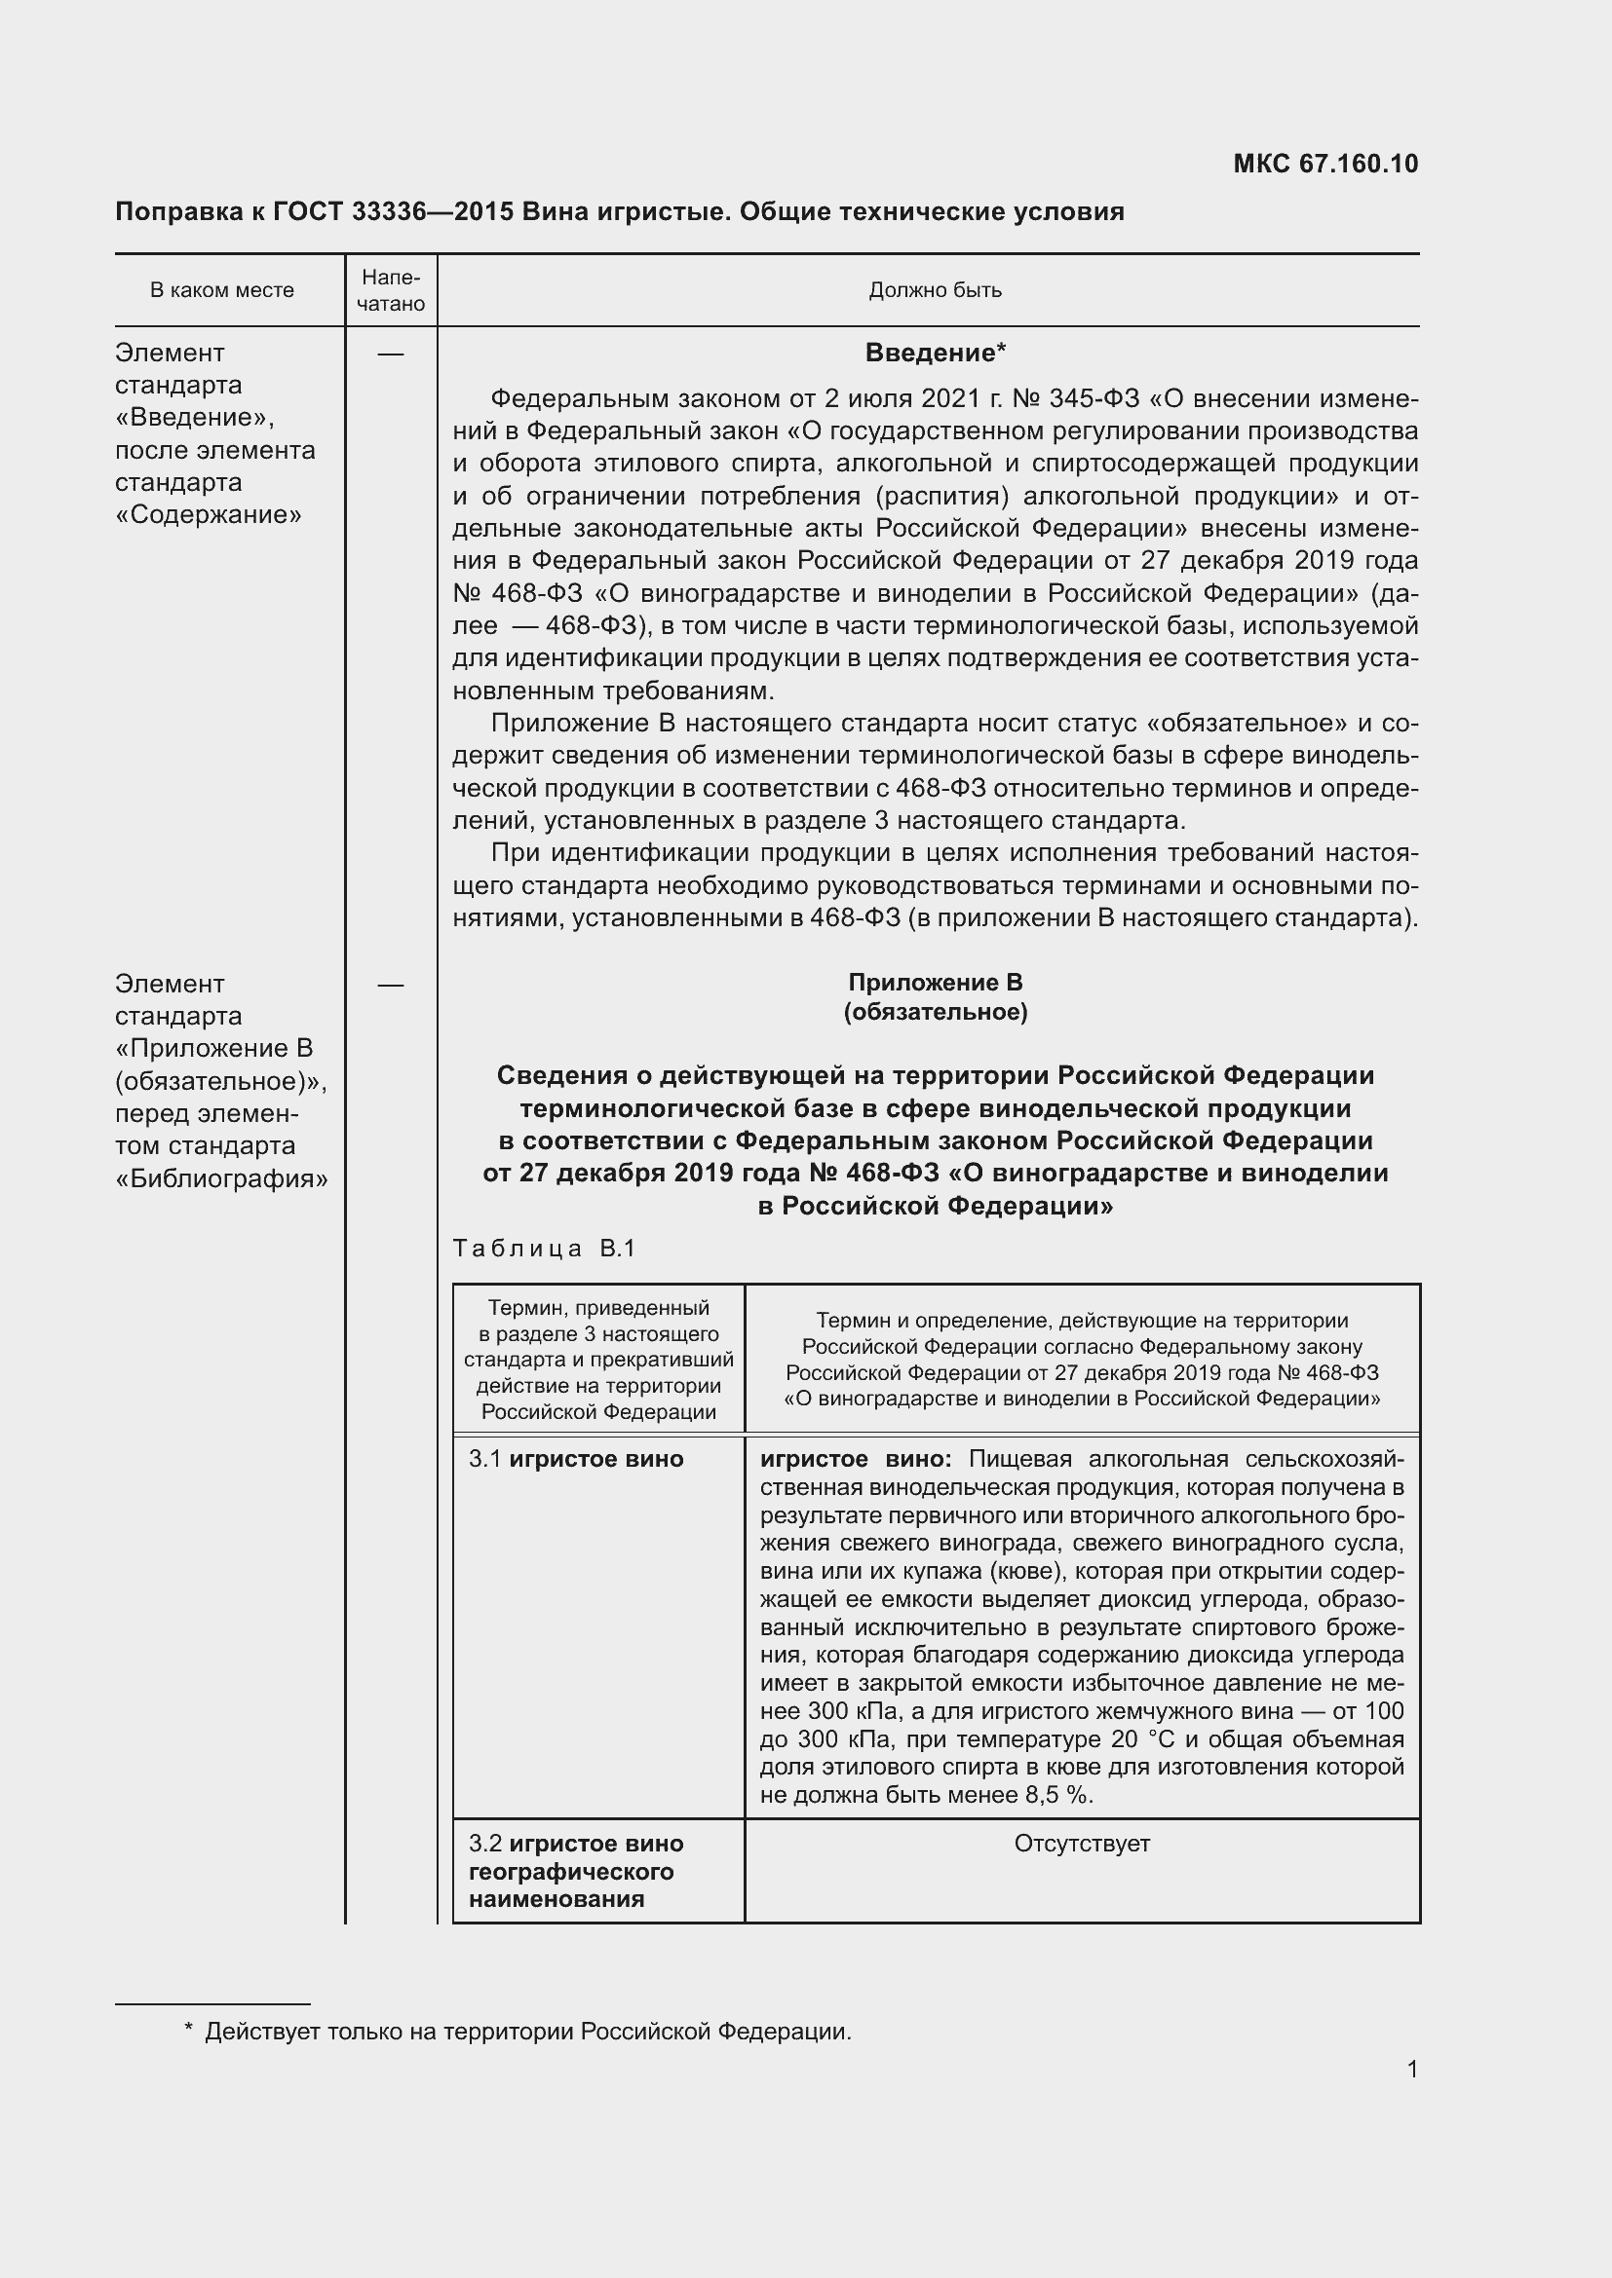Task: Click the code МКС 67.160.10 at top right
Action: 1325,164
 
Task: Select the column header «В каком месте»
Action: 221,290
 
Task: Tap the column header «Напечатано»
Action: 390,290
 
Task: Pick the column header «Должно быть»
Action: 935,290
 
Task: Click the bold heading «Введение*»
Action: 935,354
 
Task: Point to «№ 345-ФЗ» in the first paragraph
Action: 1076,399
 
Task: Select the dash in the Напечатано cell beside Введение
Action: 390,355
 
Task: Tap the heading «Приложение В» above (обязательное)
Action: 935,983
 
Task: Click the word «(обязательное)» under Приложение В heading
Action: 935,1012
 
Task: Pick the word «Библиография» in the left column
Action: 221,1178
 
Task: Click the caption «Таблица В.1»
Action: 543,1249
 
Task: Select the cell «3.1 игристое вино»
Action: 577,1460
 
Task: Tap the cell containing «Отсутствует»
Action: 1081,1844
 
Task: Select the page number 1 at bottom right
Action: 1411,2070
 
